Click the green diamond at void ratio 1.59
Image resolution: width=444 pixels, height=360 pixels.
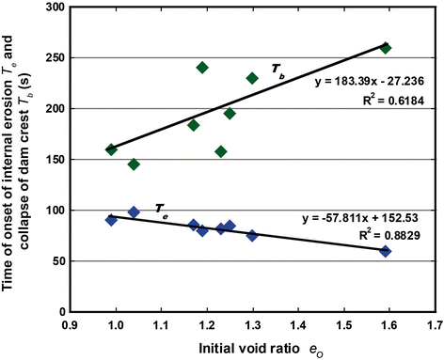(386, 47)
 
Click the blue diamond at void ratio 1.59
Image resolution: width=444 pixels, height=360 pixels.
(386, 251)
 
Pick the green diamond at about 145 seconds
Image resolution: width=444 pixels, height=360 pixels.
(134, 164)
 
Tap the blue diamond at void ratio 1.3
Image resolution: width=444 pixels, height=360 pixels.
(252, 235)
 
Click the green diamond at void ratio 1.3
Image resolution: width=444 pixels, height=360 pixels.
(252, 78)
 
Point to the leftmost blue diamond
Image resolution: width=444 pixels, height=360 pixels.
(111, 220)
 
